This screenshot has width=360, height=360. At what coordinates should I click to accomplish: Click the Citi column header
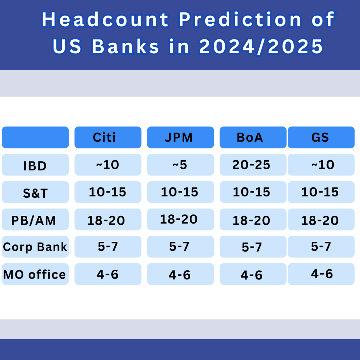[108, 137]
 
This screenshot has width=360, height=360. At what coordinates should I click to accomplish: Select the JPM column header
[180, 137]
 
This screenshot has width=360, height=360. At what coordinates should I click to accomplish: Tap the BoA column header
[253, 137]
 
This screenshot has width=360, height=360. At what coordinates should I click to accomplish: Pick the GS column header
[321, 137]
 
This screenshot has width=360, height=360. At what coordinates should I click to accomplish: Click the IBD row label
[35, 165]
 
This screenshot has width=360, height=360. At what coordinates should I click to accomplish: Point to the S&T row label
[35, 192]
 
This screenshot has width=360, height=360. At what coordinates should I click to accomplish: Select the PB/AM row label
[35, 219]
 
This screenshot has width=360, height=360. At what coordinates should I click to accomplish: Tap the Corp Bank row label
[35, 247]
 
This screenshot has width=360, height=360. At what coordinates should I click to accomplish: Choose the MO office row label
[35, 274]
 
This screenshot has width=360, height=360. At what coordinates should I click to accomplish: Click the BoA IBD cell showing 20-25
[253, 165]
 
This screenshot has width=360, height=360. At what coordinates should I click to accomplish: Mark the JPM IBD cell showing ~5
[180, 165]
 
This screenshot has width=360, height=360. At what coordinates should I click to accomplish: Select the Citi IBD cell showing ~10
[108, 165]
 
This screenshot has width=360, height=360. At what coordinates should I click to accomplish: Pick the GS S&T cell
[321, 192]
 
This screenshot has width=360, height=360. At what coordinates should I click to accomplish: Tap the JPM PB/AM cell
[180, 219]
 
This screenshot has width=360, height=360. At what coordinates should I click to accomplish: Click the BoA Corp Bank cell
[253, 247]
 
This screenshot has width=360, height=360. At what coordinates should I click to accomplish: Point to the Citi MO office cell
[108, 274]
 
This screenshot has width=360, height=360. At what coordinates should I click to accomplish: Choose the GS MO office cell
[321, 274]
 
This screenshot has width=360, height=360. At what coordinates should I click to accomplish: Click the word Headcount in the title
[105, 19]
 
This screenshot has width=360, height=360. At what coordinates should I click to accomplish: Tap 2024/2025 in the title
[261, 46]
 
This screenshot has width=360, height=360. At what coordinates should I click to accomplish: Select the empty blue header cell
[35, 137]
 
